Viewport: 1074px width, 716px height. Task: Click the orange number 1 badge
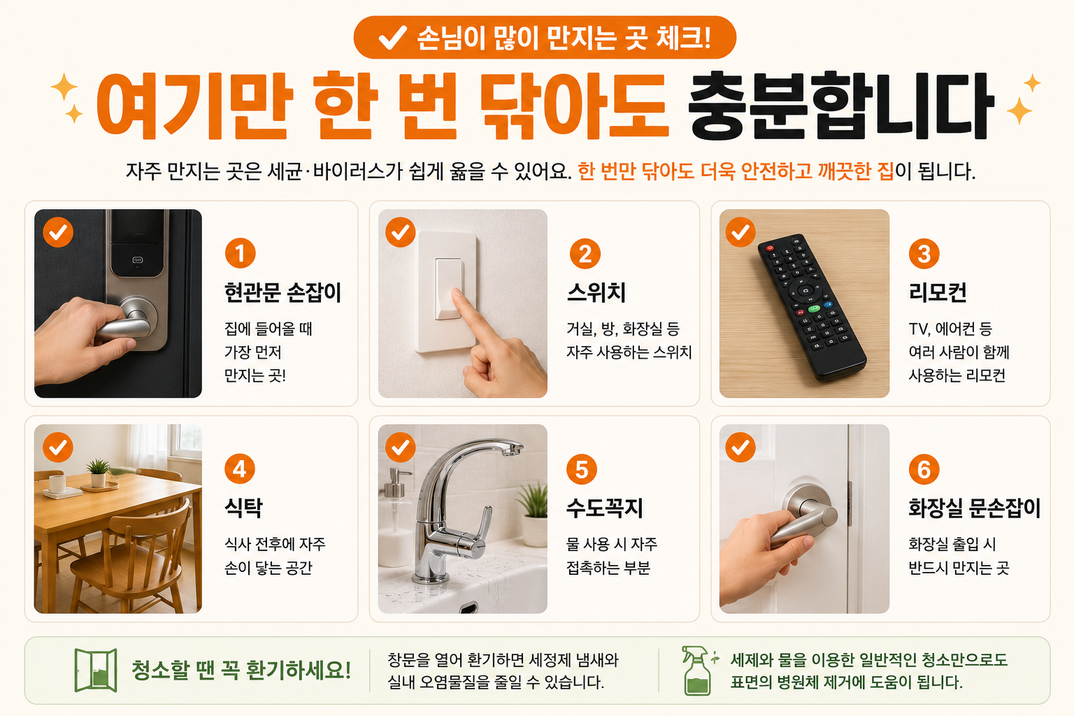click(241, 253)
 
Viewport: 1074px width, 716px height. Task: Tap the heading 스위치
click(596, 292)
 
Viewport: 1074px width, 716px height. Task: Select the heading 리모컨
click(938, 292)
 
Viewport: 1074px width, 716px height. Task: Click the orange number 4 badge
click(240, 468)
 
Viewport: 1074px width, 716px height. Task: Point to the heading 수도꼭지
click(605, 508)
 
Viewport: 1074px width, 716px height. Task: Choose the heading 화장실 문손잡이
click(974, 508)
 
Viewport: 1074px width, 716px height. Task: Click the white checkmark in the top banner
click(393, 37)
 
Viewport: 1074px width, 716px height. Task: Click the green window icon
click(96, 670)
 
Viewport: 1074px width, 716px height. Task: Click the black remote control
click(812, 307)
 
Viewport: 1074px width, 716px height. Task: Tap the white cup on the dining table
click(57, 483)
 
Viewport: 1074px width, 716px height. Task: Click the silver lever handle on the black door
click(128, 320)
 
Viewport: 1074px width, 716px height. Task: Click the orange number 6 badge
click(924, 468)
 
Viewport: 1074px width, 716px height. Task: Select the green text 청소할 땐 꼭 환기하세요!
click(241, 670)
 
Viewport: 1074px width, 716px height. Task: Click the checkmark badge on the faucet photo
click(401, 447)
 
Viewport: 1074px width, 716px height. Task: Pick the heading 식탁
click(243, 508)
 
